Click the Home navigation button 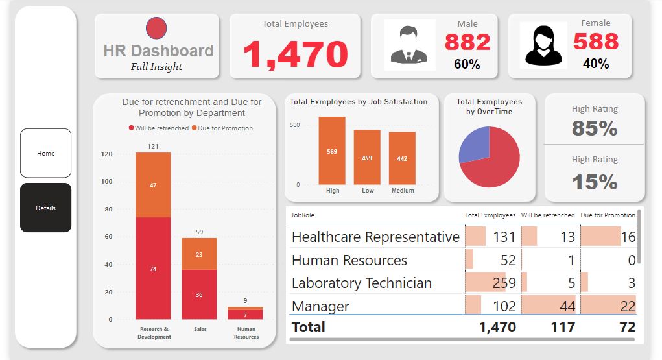[x=45, y=154]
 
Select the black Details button [x=45, y=208]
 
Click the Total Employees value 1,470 [x=295, y=54]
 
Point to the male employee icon [x=409, y=45]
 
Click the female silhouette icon [x=543, y=45]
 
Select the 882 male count [x=467, y=42]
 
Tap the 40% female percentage [x=595, y=64]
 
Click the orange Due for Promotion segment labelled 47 [x=153, y=185]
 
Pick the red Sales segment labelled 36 [x=199, y=294]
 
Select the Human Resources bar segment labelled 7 [x=245, y=315]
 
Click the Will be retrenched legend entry [x=159, y=128]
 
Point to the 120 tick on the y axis [x=106, y=154]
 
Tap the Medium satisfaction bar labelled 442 [x=402, y=159]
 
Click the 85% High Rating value [x=594, y=128]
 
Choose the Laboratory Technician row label [x=361, y=283]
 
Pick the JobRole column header [x=303, y=215]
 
